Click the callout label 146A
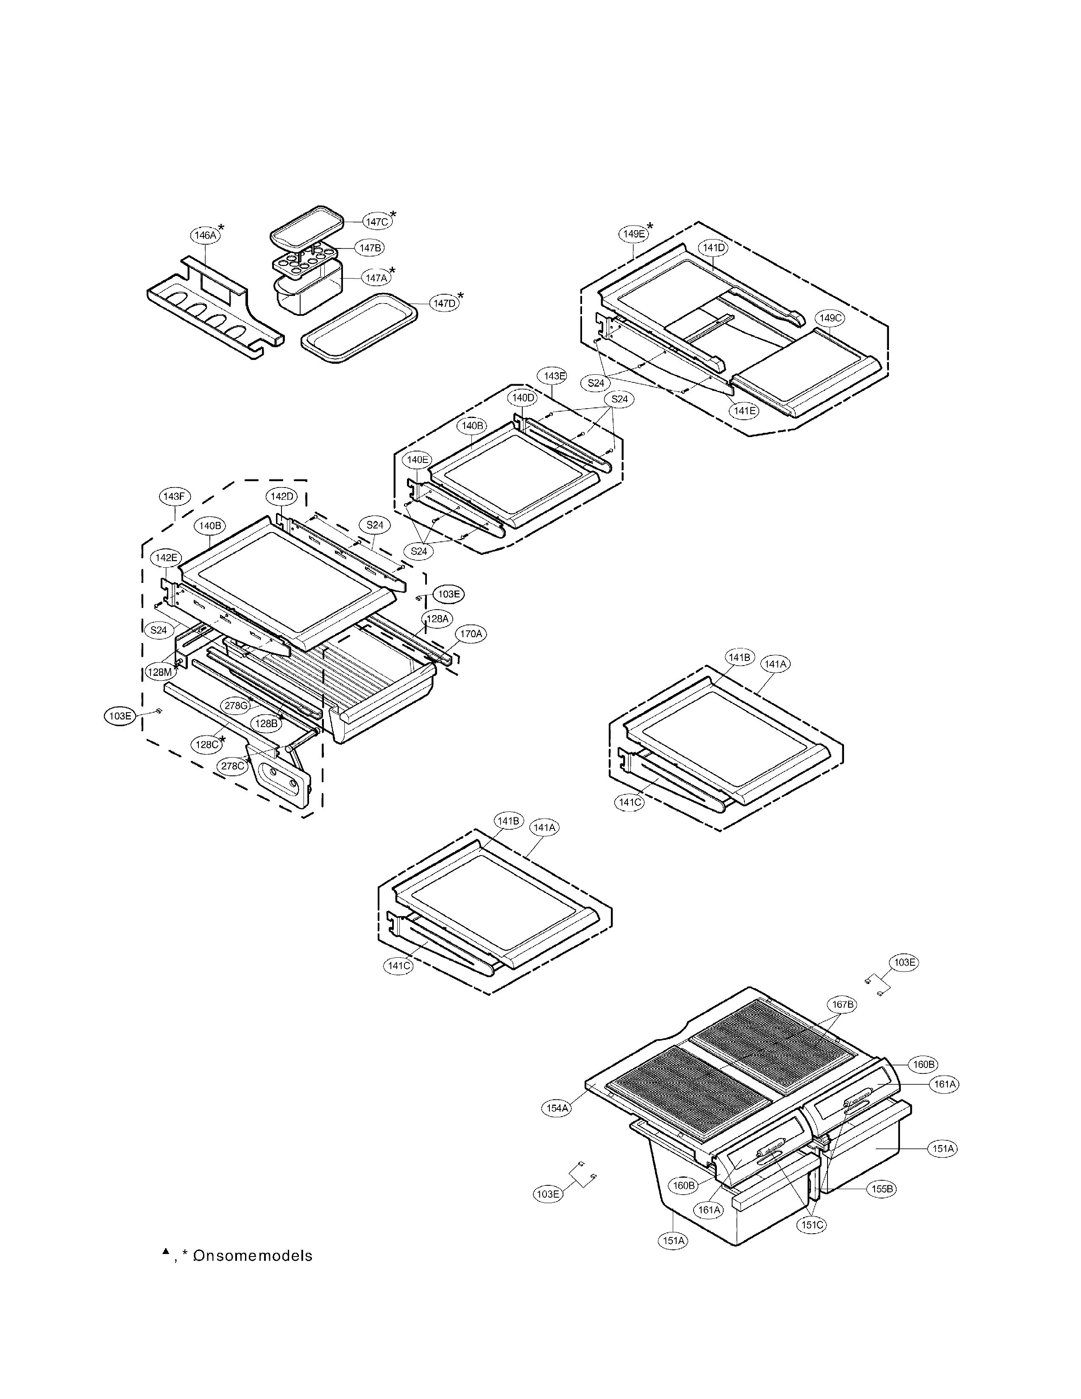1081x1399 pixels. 205,235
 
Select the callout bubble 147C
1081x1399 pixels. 376,222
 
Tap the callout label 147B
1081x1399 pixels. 371,247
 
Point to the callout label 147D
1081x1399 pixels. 444,303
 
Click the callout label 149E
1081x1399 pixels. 633,234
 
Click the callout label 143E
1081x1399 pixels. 554,376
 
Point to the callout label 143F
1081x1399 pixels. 173,496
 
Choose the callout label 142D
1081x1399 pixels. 281,496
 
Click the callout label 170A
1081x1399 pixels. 471,634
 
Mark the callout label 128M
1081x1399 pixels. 159,672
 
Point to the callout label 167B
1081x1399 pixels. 843,1004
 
